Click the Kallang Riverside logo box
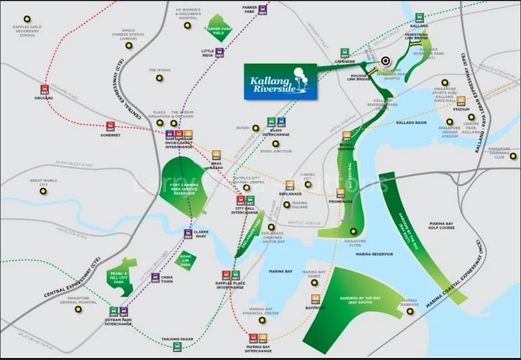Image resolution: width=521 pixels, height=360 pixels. click(x=280, y=81)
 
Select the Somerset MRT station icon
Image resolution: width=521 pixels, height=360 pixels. click(x=110, y=126)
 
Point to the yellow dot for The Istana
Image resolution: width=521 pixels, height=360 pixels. click(x=158, y=79)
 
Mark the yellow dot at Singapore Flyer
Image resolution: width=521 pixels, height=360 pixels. click(x=354, y=231)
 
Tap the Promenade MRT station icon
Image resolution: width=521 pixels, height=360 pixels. click(x=340, y=193)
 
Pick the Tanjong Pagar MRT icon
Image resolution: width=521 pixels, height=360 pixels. click(x=178, y=346)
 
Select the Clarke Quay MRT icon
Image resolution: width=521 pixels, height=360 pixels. click(x=188, y=235)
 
